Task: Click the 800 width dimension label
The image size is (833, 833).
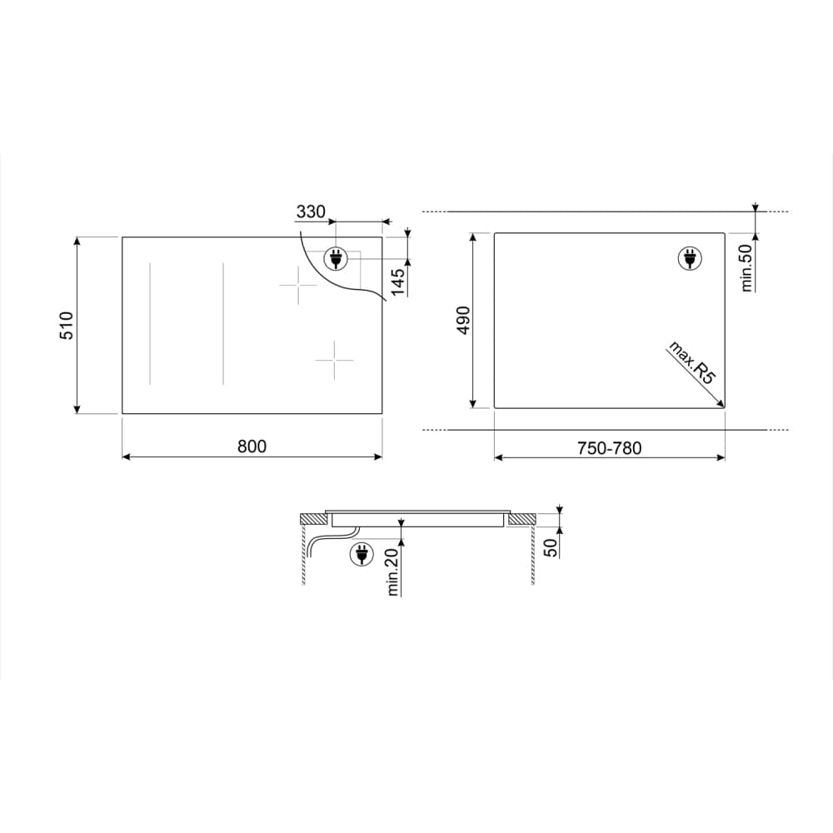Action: tap(252, 446)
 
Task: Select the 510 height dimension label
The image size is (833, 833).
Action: tap(67, 325)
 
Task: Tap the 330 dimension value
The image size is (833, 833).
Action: tap(310, 212)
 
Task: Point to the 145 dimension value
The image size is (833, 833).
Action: tap(398, 281)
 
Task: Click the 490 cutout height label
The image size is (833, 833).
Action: tap(464, 321)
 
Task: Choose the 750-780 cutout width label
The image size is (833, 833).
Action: tap(611, 447)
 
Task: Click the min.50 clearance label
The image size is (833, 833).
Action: tap(746, 264)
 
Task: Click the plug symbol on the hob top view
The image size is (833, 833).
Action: tap(337, 260)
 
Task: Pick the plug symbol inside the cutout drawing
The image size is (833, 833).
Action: tap(690, 259)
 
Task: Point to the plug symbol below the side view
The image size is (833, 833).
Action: tap(362, 553)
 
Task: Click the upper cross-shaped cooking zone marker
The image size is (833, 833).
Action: tap(298, 286)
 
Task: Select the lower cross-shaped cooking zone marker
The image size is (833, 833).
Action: tap(334, 360)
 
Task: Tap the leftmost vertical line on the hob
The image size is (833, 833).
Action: tap(150, 325)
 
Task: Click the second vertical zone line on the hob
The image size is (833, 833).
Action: tap(223, 325)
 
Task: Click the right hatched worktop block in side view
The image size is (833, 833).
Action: tap(521, 519)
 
